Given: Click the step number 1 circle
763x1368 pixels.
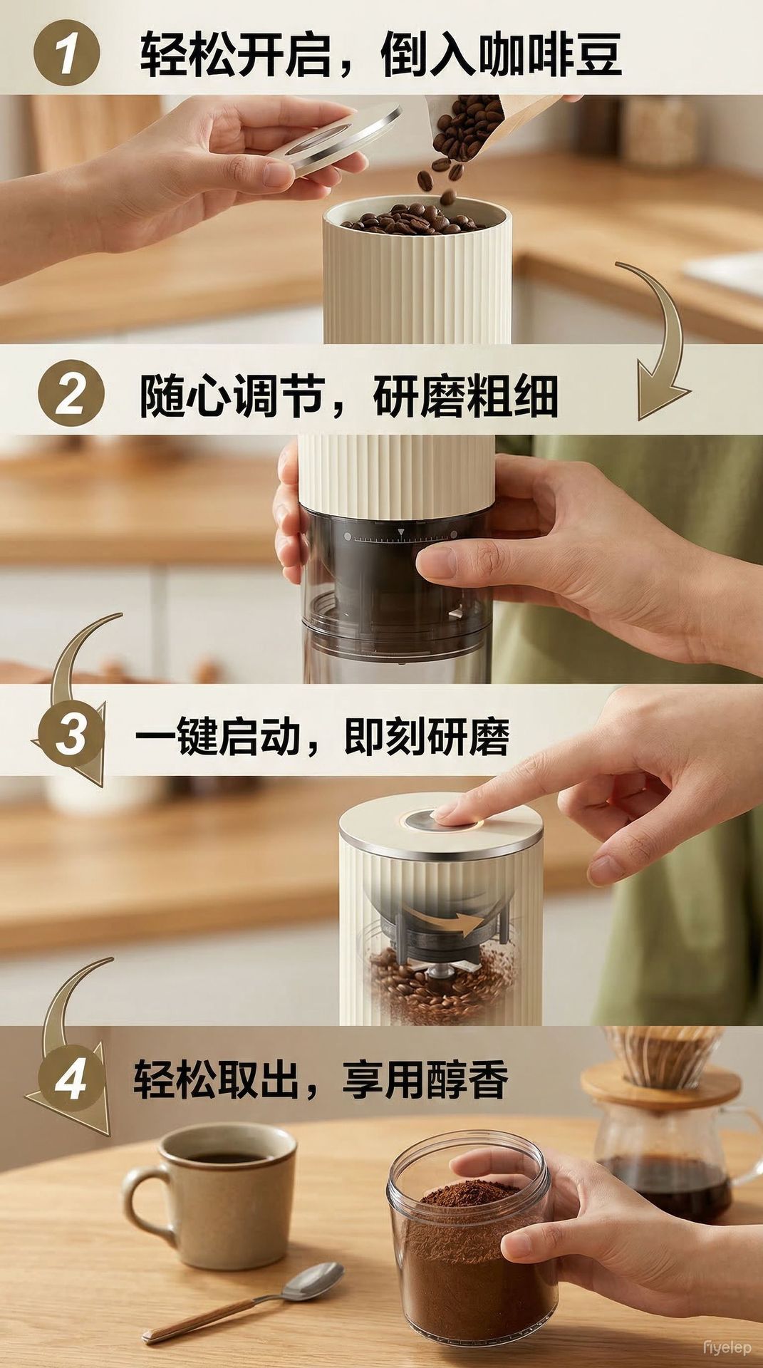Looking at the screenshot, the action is pos(66,51).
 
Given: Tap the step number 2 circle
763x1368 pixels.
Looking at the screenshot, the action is pos(71,394).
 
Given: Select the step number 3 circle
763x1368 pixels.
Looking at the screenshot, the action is pos(71,734).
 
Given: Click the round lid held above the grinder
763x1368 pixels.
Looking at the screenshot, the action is pos(335,139).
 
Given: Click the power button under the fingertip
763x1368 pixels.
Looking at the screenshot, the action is pos(442,819).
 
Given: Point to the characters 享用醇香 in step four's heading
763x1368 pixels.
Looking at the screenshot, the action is pos(425,1079).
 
